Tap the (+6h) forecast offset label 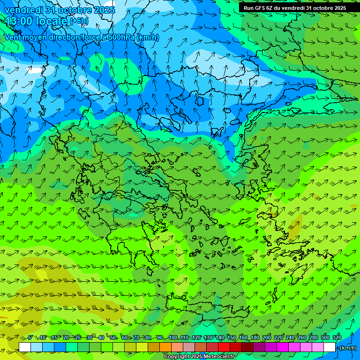click(78, 21)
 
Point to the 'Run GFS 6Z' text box click(295, 7)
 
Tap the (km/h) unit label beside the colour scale click(348, 348)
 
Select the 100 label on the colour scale click(172, 337)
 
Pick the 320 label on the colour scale click(337, 337)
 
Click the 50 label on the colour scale click(113, 337)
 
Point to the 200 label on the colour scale click(267, 337)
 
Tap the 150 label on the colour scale click(232, 337)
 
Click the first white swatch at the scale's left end click(25, 347)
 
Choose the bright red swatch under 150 click(224, 347)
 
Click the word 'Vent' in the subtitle click(14, 37)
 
